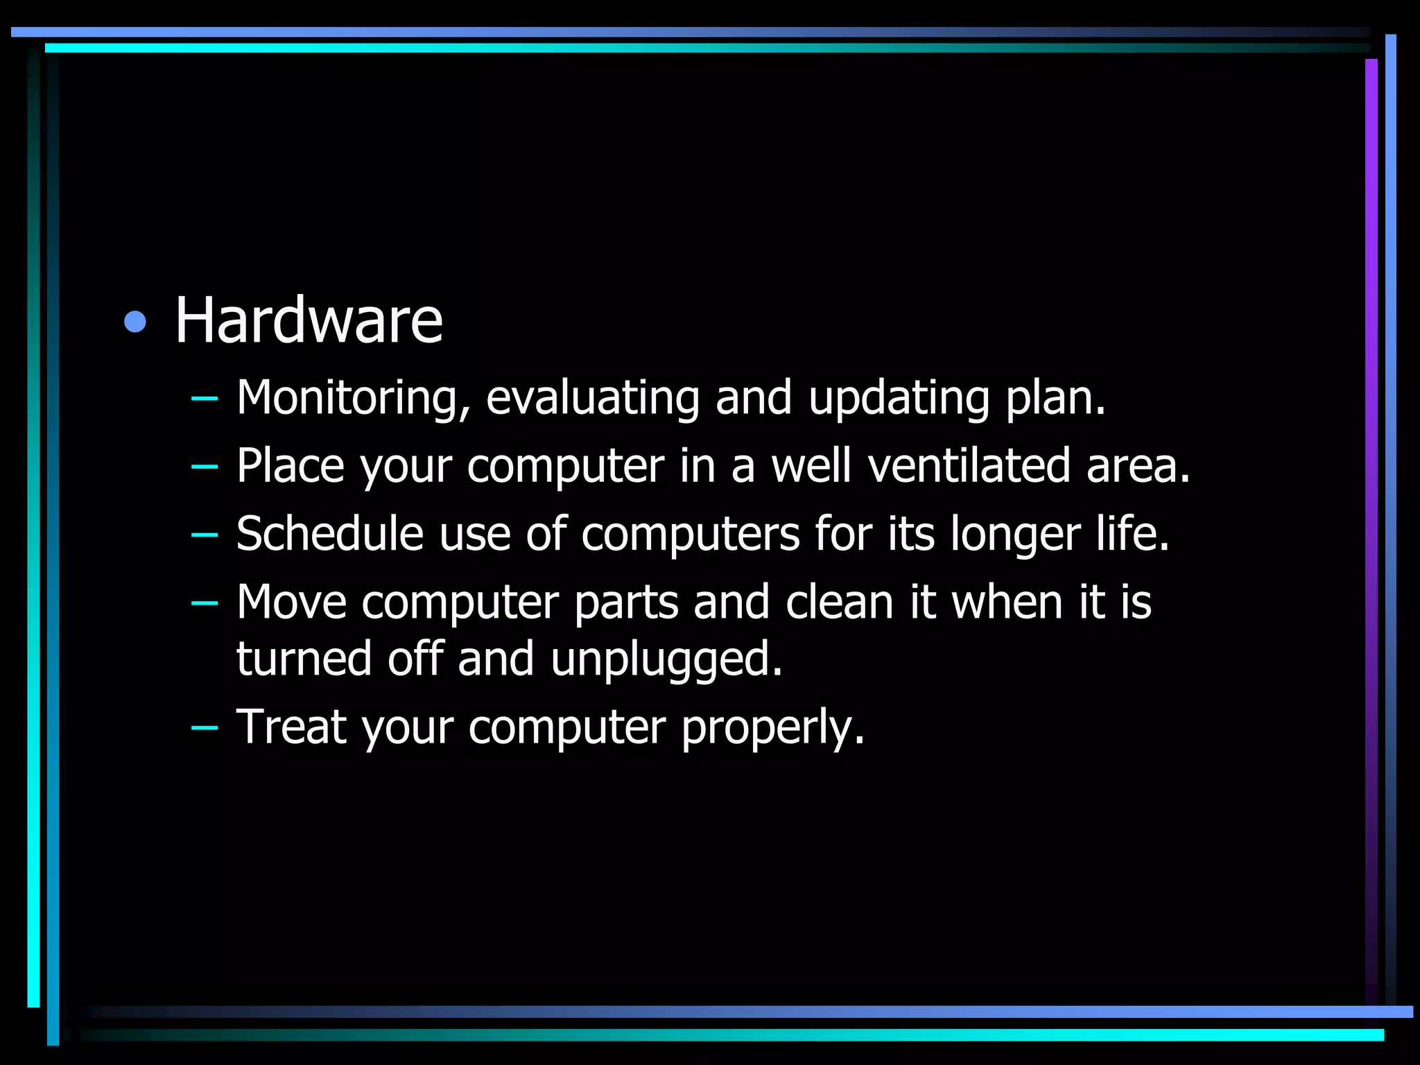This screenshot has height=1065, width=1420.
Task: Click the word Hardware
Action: [309, 320]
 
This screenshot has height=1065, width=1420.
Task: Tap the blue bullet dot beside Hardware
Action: [135, 322]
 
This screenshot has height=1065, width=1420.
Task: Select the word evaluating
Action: [593, 398]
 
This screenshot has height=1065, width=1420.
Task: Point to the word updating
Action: [899, 398]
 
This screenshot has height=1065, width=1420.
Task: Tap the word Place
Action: [291, 465]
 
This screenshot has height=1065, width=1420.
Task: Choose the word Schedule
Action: [329, 533]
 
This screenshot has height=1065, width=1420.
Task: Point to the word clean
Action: [840, 601]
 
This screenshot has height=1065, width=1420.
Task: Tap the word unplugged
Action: [666, 659]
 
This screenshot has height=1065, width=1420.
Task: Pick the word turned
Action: [304, 659]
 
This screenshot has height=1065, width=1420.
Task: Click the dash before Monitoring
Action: [204, 399]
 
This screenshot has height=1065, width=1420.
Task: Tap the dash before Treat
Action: [204, 727]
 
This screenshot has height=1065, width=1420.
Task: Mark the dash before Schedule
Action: [204, 535]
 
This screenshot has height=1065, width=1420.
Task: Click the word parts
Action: [626, 603]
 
